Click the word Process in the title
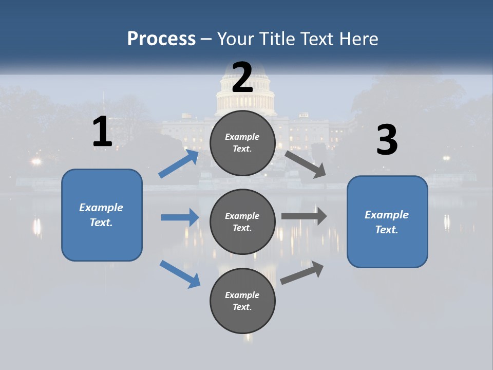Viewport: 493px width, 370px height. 161,39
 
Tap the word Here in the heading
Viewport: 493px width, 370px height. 358,39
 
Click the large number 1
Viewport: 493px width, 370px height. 102,132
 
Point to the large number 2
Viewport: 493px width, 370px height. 242,77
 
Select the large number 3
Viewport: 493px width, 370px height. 387,140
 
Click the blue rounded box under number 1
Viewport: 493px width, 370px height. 102,215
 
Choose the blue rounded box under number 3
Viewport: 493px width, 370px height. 387,222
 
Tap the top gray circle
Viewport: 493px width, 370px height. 242,143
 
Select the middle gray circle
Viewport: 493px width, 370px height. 242,222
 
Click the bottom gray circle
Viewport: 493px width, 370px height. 242,301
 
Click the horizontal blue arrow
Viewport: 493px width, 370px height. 180,217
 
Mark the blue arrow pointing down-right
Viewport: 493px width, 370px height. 180,273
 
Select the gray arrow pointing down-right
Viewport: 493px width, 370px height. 305,164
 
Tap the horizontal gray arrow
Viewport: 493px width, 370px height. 304,216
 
